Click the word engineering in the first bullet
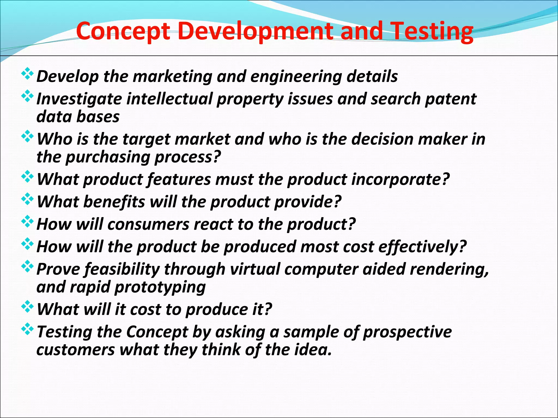(x=296, y=77)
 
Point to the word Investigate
(x=79, y=99)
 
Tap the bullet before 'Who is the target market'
(x=28, y=137)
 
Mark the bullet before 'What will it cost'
(x=28, y=307)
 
